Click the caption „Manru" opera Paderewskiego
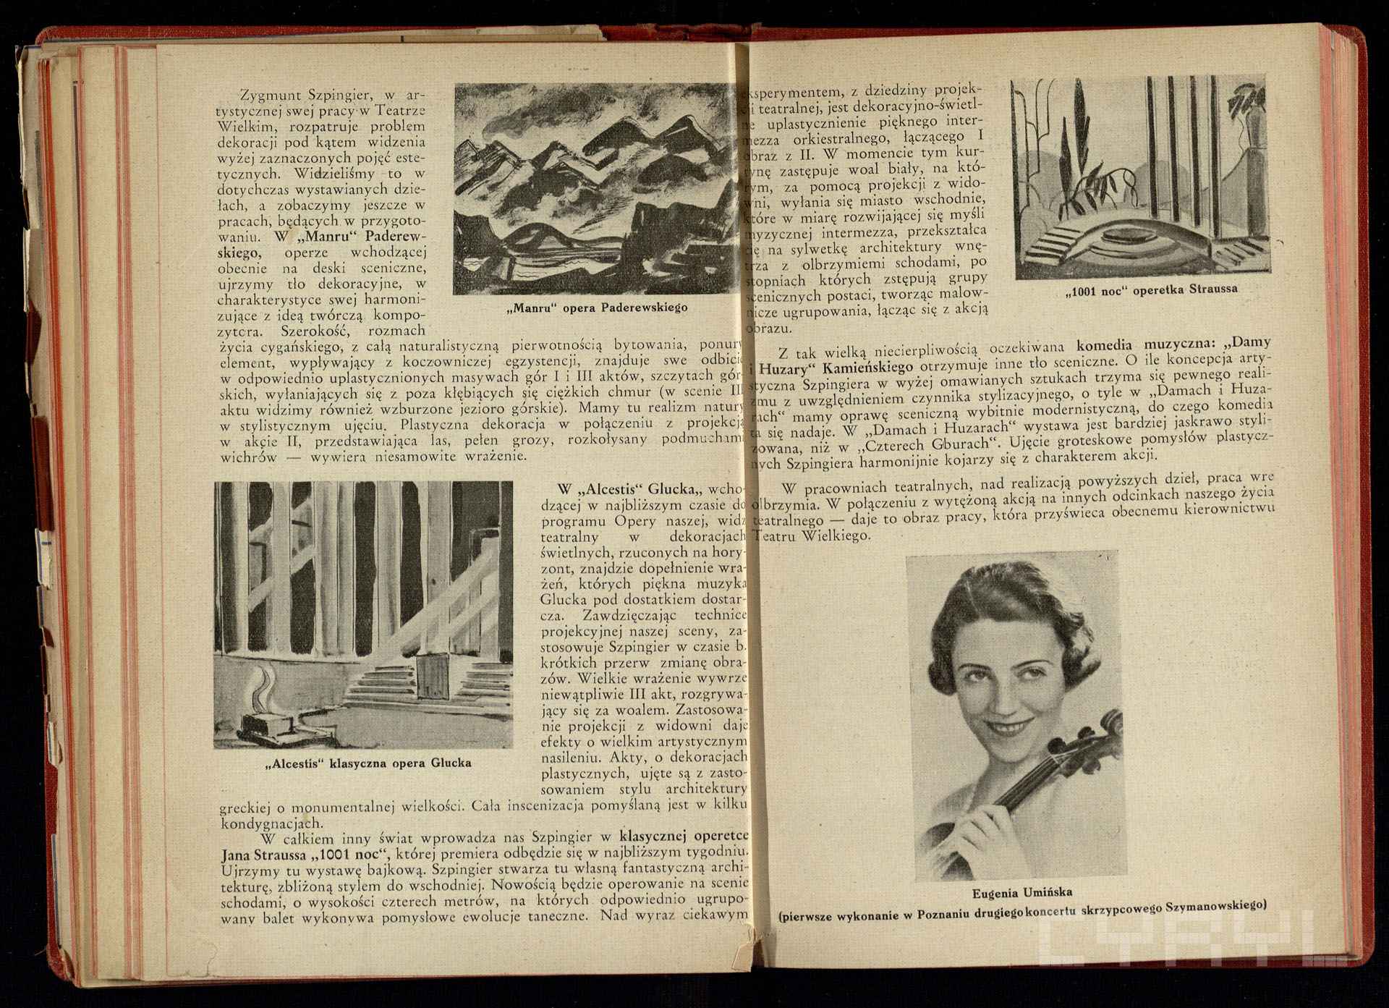click(598, 308)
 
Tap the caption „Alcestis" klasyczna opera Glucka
click(368, 763)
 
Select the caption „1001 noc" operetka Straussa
click(1151, 290)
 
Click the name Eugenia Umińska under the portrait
click(1021, 891)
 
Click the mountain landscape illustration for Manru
click(598, 189)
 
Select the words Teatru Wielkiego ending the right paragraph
click(812, 536)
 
